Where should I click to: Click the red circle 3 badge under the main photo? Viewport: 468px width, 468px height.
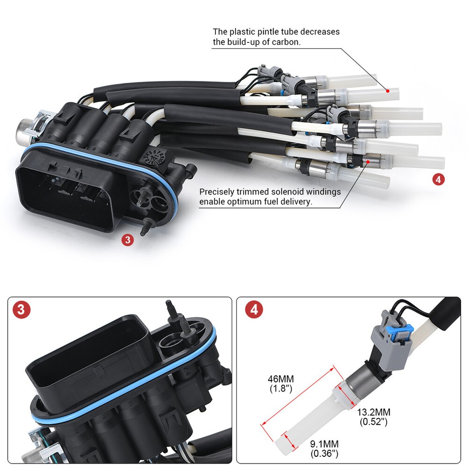pos(128,240)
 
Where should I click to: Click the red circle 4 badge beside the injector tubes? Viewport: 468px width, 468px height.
pos(438,179)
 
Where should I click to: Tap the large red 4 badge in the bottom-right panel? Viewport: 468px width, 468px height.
pos(253,310)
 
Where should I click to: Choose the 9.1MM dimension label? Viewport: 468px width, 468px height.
pos(324,444)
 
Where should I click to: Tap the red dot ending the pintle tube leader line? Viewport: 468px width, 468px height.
pos(388,90)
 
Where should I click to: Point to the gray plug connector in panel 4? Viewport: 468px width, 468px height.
pos(392,341)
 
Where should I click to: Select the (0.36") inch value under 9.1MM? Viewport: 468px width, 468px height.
pos(324,454)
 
